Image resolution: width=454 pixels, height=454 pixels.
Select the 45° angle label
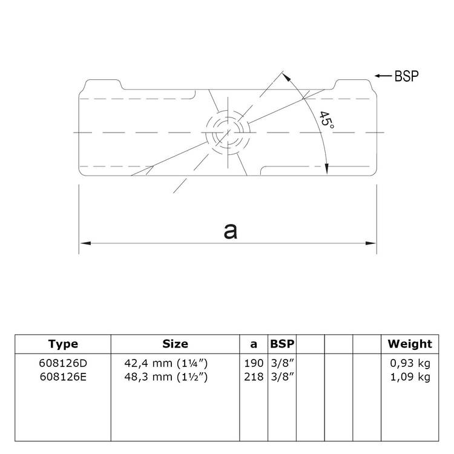(326, 119)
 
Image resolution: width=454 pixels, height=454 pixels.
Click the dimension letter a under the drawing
(229, 230)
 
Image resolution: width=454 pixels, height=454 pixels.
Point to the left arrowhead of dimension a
(84, 243)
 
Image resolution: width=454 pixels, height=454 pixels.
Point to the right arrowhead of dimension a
(372, 243)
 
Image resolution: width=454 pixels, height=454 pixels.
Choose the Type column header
(63, 344)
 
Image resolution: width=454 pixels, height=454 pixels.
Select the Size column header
(175, 344)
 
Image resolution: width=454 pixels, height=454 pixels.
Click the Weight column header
(410, 344)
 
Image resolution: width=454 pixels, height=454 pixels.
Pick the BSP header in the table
(282, 344)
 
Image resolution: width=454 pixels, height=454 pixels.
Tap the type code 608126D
(63, 363)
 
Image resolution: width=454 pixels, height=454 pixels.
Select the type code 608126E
(63, 377)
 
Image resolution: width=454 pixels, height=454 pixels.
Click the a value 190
(254, 363)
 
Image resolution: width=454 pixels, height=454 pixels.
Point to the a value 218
(254, 377)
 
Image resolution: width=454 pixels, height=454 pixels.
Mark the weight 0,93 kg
(410, 363)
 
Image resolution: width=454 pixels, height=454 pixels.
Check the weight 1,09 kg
(410, 377)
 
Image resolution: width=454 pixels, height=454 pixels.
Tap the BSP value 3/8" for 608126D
(282, 363)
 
